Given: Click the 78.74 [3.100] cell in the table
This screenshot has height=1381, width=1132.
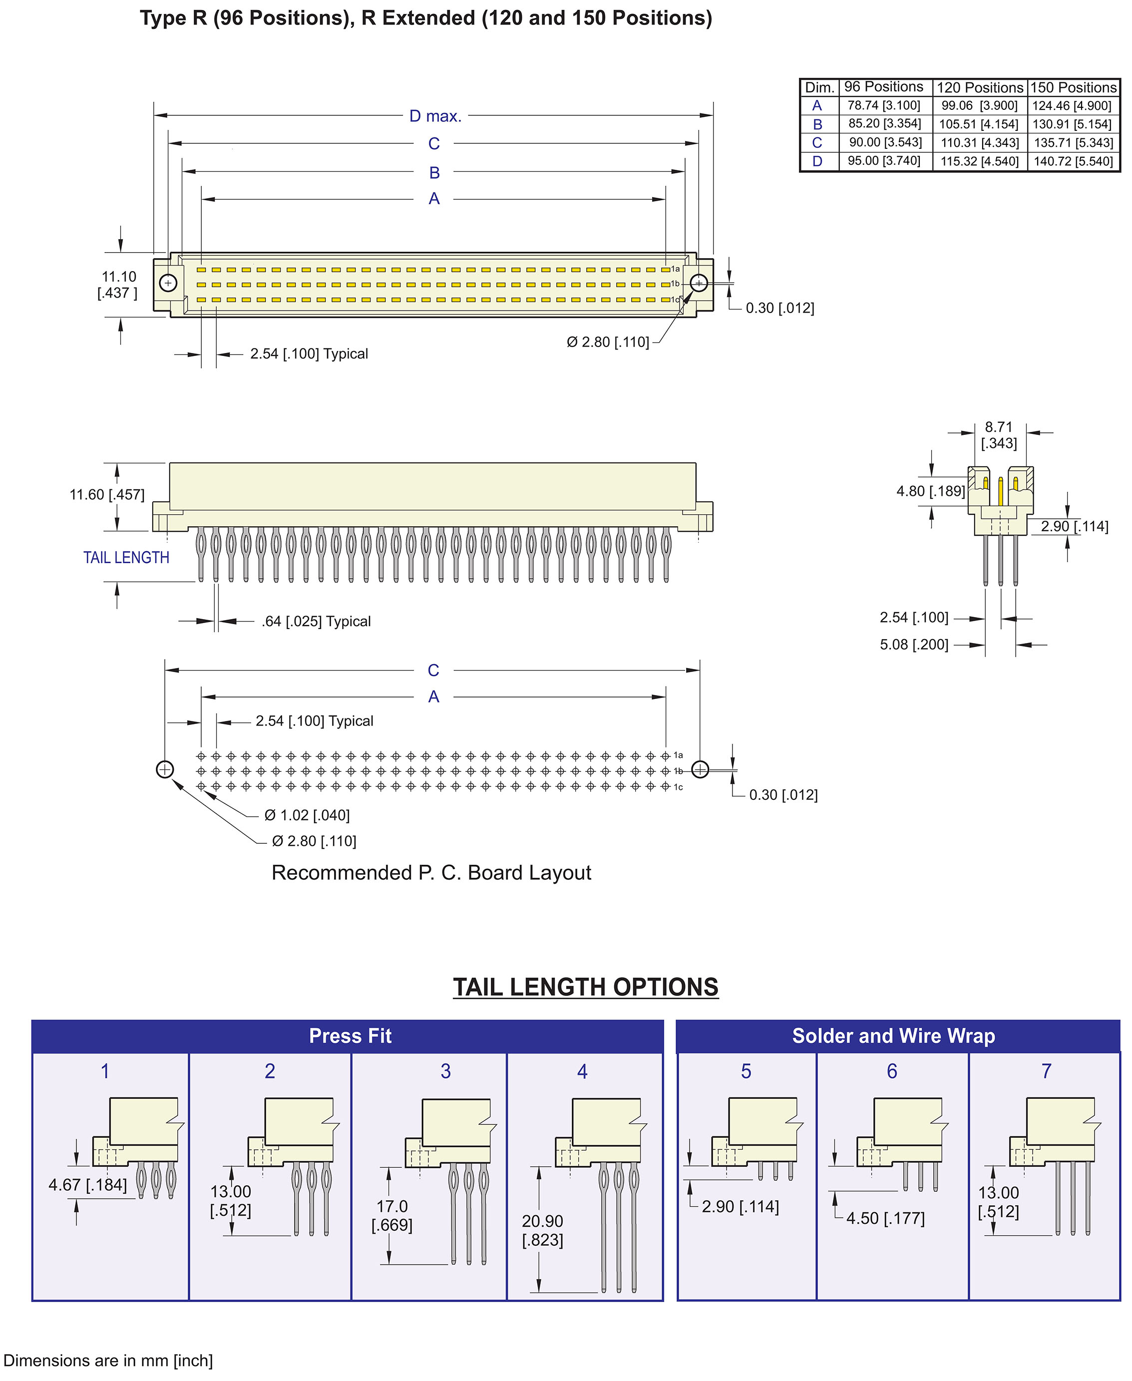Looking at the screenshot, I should click(x=883, y=106).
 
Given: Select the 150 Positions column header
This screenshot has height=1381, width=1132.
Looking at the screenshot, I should click(x=1073, y=87).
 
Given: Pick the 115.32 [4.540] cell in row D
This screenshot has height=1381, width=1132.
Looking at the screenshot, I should click(x=979, y=161).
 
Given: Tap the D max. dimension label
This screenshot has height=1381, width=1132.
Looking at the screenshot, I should click(x=435, y=116).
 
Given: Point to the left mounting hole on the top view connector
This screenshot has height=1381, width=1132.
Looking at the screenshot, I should click(x=168, y=283).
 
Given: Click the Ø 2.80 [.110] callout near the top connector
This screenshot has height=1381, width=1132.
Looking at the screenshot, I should click(x=608, y=342).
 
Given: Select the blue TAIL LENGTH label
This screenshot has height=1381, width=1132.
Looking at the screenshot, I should click(x=126, y=558).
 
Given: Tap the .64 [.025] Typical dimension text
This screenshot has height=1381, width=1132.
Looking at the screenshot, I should click(x=316, y=622).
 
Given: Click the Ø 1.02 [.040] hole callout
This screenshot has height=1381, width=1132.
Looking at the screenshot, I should click(x=307, y=815).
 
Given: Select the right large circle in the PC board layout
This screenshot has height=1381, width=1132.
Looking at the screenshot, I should click(x=700, y=769).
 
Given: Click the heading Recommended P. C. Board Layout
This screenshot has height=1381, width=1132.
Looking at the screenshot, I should click(x=431, y=872).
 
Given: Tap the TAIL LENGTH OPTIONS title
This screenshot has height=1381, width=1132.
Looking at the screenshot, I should click(x=586, y=987).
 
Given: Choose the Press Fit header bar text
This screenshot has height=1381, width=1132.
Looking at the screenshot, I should click(x=350, y=1036).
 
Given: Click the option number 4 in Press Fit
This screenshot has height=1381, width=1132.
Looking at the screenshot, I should click(x=582, y=1071).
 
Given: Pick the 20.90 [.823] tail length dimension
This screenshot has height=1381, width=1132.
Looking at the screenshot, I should click(x=542, y=1230).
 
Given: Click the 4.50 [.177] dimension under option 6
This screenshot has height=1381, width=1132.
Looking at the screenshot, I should click(x=885, y=1218).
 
